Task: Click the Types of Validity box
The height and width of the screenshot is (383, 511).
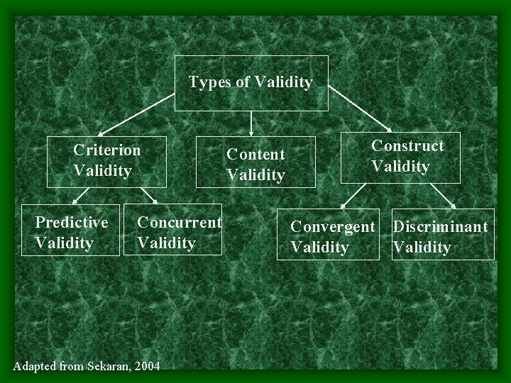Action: (x=251, y=83)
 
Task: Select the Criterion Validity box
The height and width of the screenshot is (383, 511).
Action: (x=107, y=161)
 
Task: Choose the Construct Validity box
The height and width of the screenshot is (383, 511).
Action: (x=401, y=157)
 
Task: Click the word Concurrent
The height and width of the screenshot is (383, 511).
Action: (x=179, y=223)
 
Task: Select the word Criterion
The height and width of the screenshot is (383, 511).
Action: (x=107, y=150)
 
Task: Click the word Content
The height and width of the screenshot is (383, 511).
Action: (x=255, y=154)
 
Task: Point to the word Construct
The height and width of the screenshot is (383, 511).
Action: (x=407, y=146)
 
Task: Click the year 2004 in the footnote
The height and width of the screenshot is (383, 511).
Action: (x=146, y=365)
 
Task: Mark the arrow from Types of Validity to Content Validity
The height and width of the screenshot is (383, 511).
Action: (x=251, y=123)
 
